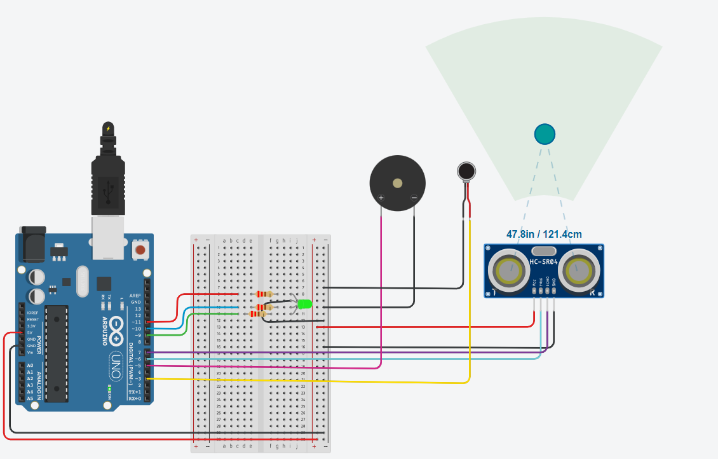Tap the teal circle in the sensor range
tap(545, 134)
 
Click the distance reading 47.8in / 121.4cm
tap(544, 234)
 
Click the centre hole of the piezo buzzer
tap(398, 183)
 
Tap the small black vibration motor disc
tap(466, 170)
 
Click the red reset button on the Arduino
tap(140, 251)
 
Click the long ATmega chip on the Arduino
tap(57, 353)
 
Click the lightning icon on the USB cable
tap(108, 128)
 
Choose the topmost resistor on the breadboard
tap(263, 294)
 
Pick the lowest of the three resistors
tap(258, 313)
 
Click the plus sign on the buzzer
tap(381, 198)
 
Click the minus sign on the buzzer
tap(414, 198)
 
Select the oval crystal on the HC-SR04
tap(544, 251)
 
